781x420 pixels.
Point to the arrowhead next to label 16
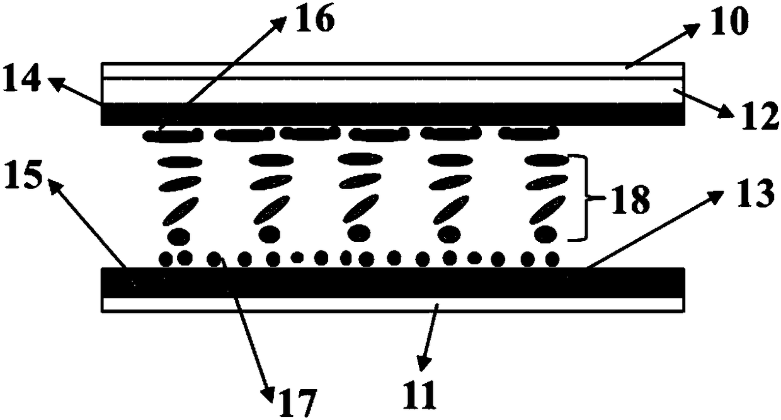277,23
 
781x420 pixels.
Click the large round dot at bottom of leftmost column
179,236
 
